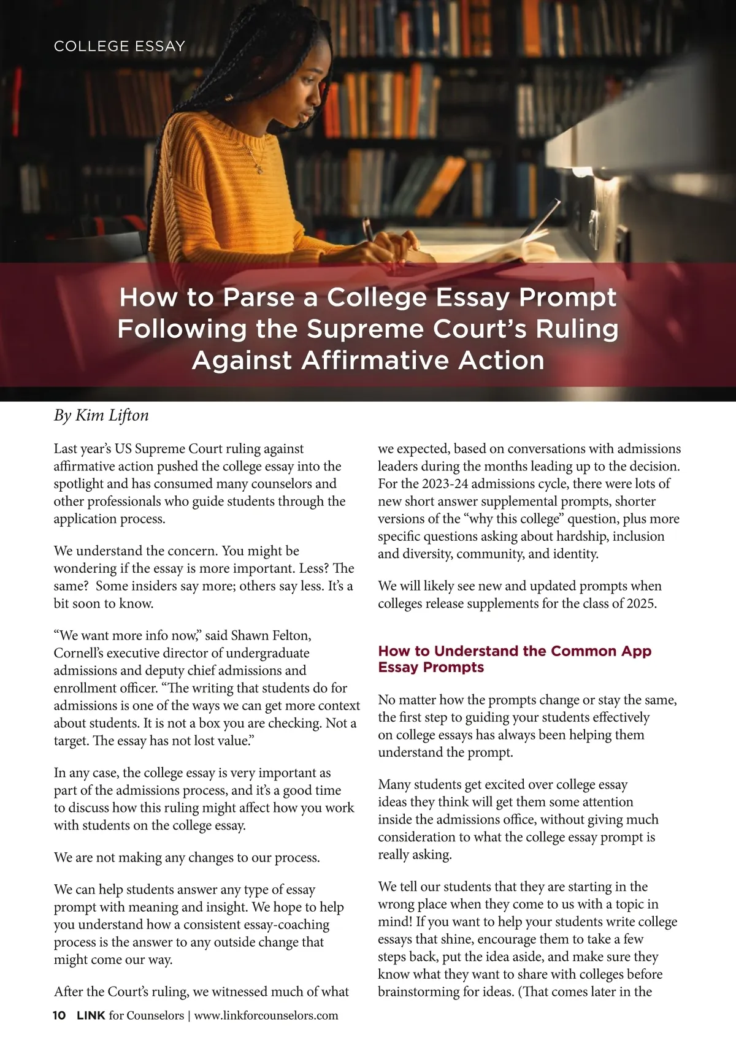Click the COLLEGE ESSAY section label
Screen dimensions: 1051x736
pos(119,47)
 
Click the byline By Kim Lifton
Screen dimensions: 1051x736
pos(101,416)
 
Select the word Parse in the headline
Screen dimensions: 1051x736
pos(270,297)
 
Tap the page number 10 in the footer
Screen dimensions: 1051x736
pos(59,1015)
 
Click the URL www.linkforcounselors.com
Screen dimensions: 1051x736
pos(266,1015)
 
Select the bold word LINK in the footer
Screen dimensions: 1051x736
pos(91,1015)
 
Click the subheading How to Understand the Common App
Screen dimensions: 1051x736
pos(515,651)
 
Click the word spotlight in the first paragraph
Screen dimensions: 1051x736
pos(78,484)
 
